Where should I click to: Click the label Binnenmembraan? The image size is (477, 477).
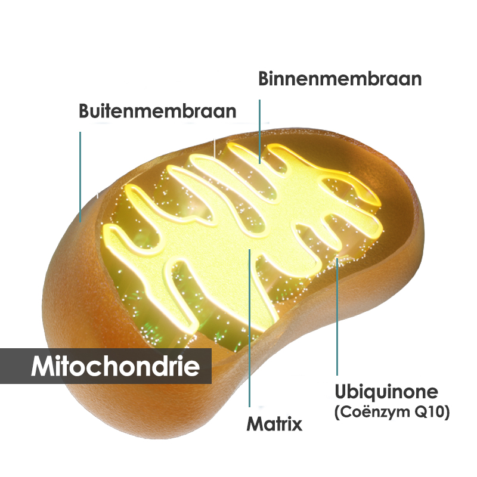point(340,79)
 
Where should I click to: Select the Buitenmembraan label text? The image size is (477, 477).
point(157,111)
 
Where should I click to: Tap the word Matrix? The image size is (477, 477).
point(274,424)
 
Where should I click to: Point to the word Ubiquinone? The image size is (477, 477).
point(386,392)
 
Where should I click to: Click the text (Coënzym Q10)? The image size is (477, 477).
point(392,412)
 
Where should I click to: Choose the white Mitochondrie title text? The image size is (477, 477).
point(115,366)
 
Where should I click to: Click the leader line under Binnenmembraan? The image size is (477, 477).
point(260,132)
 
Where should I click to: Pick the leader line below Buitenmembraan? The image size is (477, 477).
point(80,176)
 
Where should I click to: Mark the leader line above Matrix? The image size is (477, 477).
point(249,328)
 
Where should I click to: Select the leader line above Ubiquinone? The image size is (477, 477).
point(337,317)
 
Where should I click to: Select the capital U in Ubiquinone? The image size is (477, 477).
point(341,392)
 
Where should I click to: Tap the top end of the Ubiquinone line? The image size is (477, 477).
point(337,258)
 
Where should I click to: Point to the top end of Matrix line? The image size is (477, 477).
point(249,249)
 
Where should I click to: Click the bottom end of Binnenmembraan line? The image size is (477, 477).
point(260,163)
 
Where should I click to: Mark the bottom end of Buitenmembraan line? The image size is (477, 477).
point(80,222)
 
